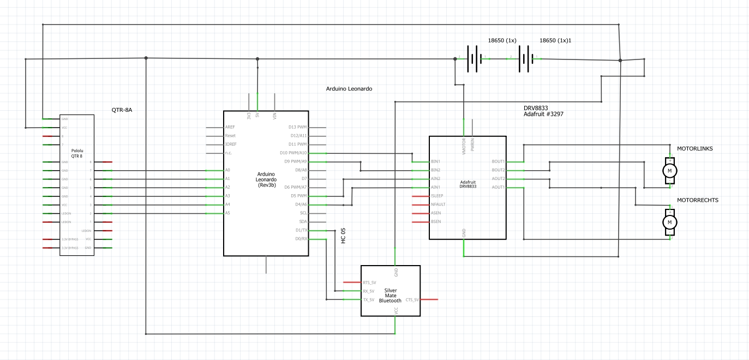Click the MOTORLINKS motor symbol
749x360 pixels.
669,171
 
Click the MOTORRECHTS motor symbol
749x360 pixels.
669,222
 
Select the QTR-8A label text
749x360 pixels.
122,110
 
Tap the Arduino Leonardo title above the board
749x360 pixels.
349,88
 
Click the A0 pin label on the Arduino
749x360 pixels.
227,170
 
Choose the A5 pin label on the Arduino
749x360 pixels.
227,213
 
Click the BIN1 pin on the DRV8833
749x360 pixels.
435,161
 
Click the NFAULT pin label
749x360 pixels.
438,205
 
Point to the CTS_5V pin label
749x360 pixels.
412,299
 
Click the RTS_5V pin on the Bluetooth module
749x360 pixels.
369,283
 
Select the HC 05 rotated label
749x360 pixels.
343,236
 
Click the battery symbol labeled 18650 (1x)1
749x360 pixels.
525,58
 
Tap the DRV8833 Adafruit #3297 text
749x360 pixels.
543,111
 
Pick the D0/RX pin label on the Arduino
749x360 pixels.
301,238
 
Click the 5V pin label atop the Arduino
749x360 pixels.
257,116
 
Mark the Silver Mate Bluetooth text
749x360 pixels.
390,295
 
